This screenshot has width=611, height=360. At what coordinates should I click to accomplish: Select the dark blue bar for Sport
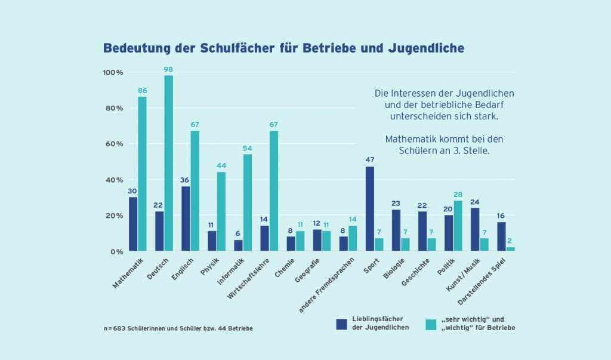(x=370, y=209)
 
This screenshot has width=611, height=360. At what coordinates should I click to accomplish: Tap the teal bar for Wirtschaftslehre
(x=274, y=191)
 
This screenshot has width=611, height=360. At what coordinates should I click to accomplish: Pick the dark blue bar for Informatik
(x=238, y=245)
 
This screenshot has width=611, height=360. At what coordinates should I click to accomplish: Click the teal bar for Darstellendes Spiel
(x=510, y=249)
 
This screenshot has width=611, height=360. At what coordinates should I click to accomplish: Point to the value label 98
(x=168, y=70)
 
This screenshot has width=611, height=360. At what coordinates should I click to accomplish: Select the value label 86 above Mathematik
(x=142, y=91)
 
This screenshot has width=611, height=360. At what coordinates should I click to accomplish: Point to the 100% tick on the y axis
(x=113, y=73)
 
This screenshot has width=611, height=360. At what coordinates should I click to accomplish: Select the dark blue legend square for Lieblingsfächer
(x=341, y=324)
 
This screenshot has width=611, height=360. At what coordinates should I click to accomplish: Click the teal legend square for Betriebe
(x=431, y=324)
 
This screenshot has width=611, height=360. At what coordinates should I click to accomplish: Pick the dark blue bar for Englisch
(x=186, y=219)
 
